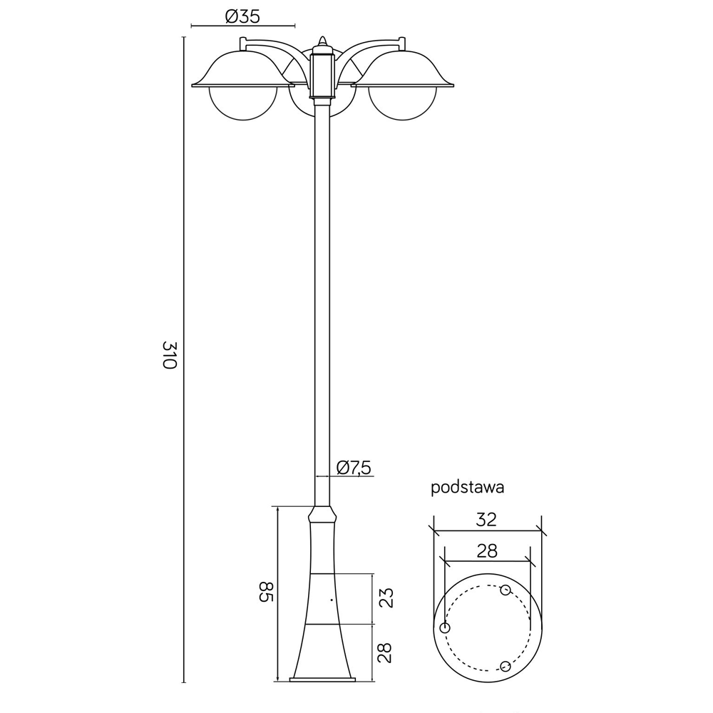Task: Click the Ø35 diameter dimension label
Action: click(x=242, y=17)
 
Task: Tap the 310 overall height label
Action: click(x=169, y=354)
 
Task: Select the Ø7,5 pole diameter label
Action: click(x=354, y=467)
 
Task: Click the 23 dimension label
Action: click(x=386, y=598)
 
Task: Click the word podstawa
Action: click(x=468, y=488)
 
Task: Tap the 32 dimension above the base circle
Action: click(x=486, y=519)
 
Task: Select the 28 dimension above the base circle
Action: click(x=487, y=551)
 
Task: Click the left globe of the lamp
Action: click(x=243, y=104)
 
